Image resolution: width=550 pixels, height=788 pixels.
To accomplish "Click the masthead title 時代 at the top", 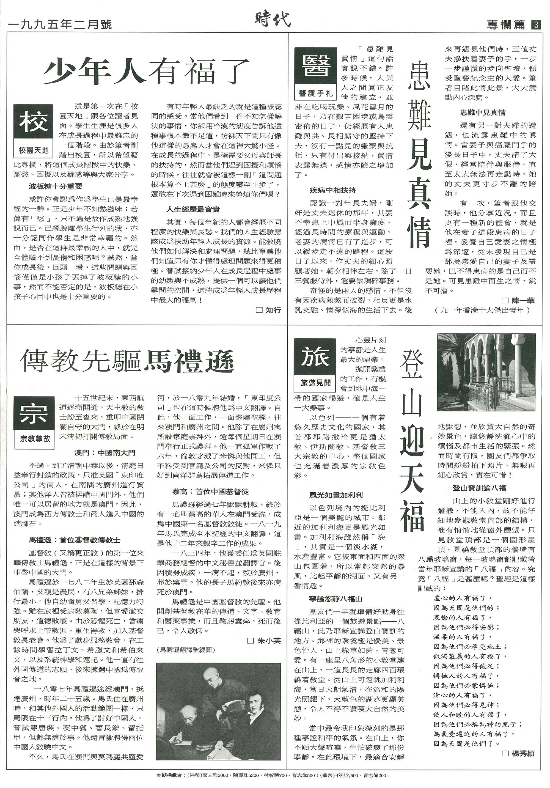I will click(273, 20).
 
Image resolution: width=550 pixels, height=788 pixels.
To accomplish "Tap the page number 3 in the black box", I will click(536, 25).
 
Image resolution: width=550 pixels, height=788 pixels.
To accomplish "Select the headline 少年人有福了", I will click(146, 72).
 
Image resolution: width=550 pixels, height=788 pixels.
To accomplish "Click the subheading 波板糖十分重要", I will click(56, 187).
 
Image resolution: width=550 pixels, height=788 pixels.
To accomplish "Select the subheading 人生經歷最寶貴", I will click(193, 209).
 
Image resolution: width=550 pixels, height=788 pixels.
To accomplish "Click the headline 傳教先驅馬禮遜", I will click(127, 361).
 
